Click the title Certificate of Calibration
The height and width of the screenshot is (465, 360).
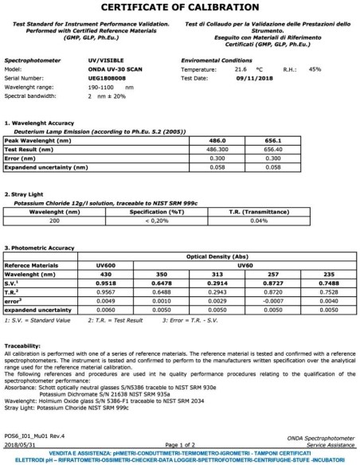179,8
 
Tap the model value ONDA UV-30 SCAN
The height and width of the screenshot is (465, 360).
115,68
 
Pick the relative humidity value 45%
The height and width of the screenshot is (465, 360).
315,68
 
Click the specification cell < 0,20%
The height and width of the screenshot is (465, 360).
157,221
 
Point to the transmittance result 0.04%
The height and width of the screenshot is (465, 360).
259,221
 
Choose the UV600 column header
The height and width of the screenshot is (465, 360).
108,265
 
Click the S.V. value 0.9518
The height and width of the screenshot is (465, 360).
108,282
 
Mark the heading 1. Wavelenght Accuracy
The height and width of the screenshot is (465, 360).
41,123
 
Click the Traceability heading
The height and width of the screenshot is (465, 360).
22,345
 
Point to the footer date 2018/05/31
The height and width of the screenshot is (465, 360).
21,444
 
